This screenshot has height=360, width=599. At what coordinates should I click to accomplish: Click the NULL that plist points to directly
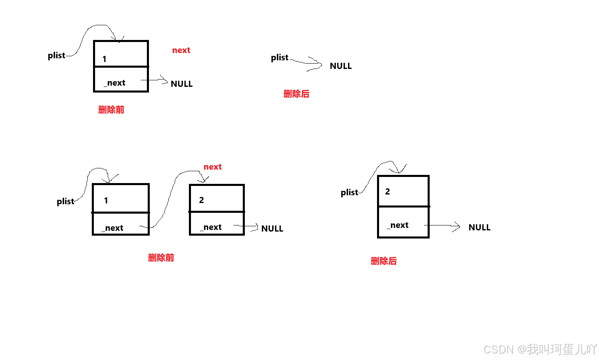coord(341,66)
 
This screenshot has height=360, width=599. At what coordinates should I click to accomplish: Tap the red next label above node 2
coord(213,167)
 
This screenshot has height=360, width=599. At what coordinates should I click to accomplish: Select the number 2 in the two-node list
coord(202,200)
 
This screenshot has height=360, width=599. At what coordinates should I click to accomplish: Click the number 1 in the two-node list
coord(106,201)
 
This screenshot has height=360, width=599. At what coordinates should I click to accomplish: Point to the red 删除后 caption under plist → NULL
coord(297,94)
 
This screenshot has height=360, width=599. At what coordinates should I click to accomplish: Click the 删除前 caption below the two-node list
coord(161,258)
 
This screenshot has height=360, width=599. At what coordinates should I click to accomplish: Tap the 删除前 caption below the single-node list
coord(111,110)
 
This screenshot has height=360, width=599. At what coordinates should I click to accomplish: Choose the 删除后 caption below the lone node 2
coord(384,261)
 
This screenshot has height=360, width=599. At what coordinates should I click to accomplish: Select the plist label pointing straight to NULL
coord(280,57)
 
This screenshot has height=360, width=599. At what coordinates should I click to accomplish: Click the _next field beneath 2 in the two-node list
coord(211,227)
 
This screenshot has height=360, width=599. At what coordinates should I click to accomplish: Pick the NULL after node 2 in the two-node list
coord(272,229)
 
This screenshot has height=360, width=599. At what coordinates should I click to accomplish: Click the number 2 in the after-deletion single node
coord(388,192)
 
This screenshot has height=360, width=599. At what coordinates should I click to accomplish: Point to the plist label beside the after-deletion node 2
coord(349,192)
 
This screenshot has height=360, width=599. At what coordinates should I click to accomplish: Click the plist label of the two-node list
coord(65,201)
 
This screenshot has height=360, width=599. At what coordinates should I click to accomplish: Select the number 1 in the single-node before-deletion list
coord(104,59)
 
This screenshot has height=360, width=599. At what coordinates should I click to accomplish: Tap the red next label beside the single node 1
coord(181,50)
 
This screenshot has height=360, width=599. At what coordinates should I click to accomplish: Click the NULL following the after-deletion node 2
coord(479,227)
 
